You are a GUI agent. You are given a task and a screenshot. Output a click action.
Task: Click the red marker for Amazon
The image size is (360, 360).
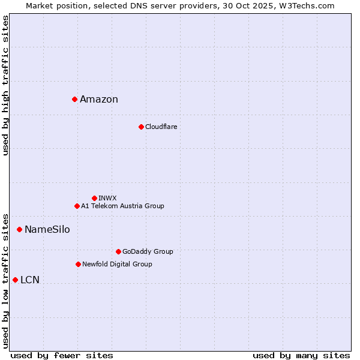coord(74,99)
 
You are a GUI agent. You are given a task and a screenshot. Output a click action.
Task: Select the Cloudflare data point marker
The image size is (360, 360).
coord(141,127)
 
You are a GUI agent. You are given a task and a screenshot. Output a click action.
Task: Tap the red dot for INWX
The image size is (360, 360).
coord(94,198)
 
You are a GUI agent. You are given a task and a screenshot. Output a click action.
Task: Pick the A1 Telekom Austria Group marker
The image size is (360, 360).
coord(77,206)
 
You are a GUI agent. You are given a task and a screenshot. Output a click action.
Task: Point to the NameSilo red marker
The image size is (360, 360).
coord(19,229)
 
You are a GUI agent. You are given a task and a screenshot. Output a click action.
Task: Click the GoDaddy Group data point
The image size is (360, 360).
coord(118,251)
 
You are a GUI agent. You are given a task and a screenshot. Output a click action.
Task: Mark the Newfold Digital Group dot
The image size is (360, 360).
coord(78,264)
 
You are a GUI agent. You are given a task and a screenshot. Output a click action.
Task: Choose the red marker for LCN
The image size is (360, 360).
coord(15,280)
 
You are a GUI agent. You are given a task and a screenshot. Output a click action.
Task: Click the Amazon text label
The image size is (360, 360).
coord(99,100)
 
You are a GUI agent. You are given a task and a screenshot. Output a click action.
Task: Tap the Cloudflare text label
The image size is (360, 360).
coord(161,127)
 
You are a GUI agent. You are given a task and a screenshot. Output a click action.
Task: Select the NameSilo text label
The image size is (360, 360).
coord(47,230)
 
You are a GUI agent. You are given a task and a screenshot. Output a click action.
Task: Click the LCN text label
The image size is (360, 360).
coord(30,280)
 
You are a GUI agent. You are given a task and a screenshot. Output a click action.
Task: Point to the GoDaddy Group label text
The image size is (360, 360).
coord(148,251)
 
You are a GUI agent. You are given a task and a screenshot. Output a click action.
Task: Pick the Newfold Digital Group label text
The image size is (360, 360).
coord(117,264)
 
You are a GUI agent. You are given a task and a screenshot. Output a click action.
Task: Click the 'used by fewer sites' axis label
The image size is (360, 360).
coord(62,355)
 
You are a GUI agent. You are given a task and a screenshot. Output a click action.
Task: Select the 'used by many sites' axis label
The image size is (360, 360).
coord(301,355)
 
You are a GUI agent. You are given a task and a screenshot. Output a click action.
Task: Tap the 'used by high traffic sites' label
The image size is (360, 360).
coord(6,85)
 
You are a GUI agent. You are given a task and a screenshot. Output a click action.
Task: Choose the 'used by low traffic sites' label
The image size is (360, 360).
coord(6,281)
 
